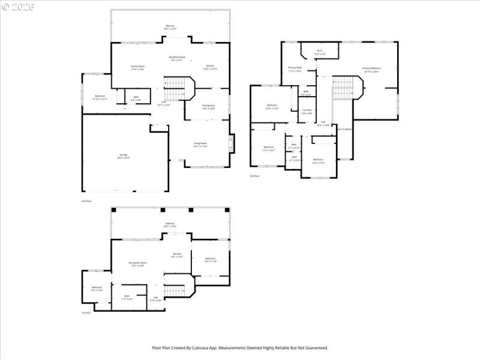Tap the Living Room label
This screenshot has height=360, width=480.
pos(200,144)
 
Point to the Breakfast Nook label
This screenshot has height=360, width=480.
pos(178,58)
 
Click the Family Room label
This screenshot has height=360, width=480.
pos(138,67)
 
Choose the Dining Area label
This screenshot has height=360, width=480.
pos(209,107)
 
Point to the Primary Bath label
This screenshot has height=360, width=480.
pos(295,69)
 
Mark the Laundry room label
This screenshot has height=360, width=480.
pos(307,111)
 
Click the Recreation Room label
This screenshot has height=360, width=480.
pos(137,264)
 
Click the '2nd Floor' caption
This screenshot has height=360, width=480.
pos(87,201)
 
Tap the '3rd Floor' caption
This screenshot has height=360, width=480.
pos(254,176)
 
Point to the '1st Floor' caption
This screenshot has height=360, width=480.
pos(86,313)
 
